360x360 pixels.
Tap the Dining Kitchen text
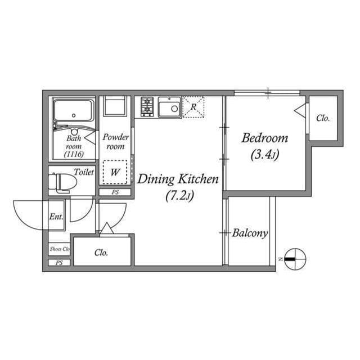coord(178,180)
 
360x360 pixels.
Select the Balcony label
coord(250,233)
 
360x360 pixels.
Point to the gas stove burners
coord(147,106)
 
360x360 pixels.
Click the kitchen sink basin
coord(169,107)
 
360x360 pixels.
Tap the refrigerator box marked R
coord(193,107)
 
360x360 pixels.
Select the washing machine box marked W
coord(115,173)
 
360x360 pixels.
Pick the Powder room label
coord(115,142)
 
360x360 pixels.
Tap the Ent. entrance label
coord(56,217)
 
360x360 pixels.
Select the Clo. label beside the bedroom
coord(322,118)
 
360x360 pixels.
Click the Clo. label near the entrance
coord(101,253)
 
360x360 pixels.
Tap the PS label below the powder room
coord(115,192)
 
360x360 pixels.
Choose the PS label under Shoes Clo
coord(58,263)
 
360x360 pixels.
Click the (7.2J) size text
coord(179,196)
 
